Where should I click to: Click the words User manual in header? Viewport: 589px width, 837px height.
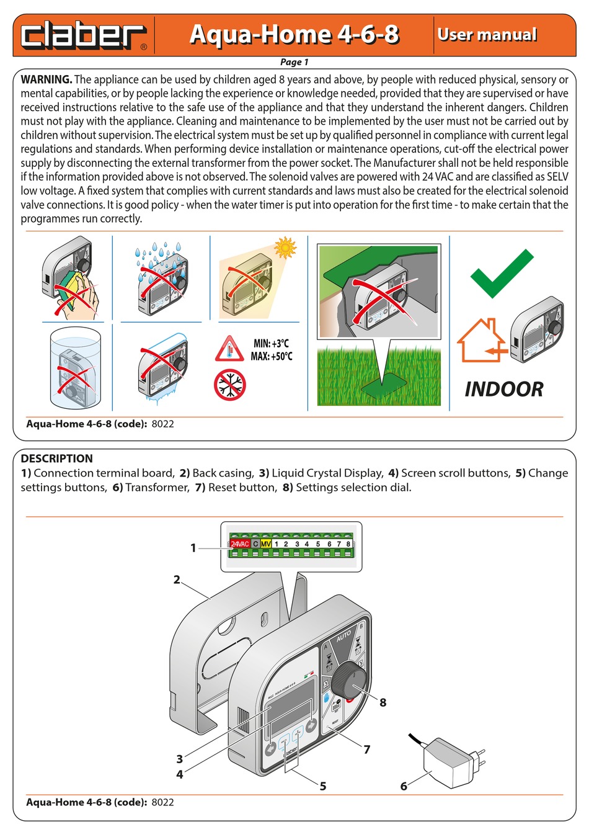click(x=487, y=35)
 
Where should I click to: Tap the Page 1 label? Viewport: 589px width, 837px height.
click(x=294, y=62)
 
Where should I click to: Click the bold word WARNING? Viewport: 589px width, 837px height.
click(x=46, y=79)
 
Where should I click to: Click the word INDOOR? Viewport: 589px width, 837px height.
click(x=503, y=389)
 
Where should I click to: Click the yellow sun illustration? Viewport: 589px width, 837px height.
click(x=285, y=247)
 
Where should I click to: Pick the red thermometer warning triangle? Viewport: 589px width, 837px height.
click(x=229, y=349)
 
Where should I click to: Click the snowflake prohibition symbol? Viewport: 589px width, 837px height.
click(x=230, y=385)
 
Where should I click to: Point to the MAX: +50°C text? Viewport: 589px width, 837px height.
click(x=272, y=357)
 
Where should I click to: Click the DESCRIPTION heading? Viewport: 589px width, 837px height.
click(x=56, y=459)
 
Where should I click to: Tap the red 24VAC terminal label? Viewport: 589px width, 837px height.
click(x=240, y=544)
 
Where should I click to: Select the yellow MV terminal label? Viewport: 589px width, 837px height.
click(x=265, y=544)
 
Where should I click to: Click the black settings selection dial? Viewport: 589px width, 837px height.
click(x=349, y=681)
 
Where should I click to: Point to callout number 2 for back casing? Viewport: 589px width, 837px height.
click(x=177, y=580)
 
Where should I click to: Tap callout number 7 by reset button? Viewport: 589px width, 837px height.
click(x=366, y=750)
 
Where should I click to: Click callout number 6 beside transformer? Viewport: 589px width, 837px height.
click(x=404, y=786)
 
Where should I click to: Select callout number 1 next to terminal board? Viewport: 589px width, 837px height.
click(x=193, y=548)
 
